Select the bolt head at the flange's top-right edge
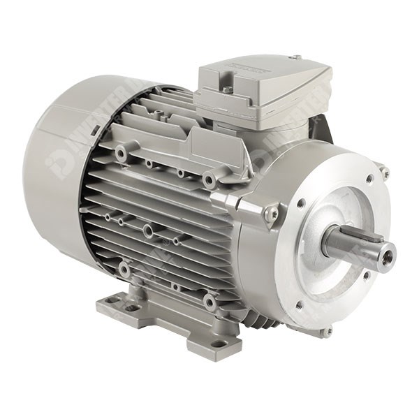[x=384, y=172]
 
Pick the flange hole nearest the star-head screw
[x=301, y=203]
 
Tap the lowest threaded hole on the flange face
[x=299, y=305]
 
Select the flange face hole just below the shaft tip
[x=365, y=274]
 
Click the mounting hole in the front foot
[x=218, y=344]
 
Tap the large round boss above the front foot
[x=209, y=302]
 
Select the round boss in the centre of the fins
[x=148, y=230]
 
